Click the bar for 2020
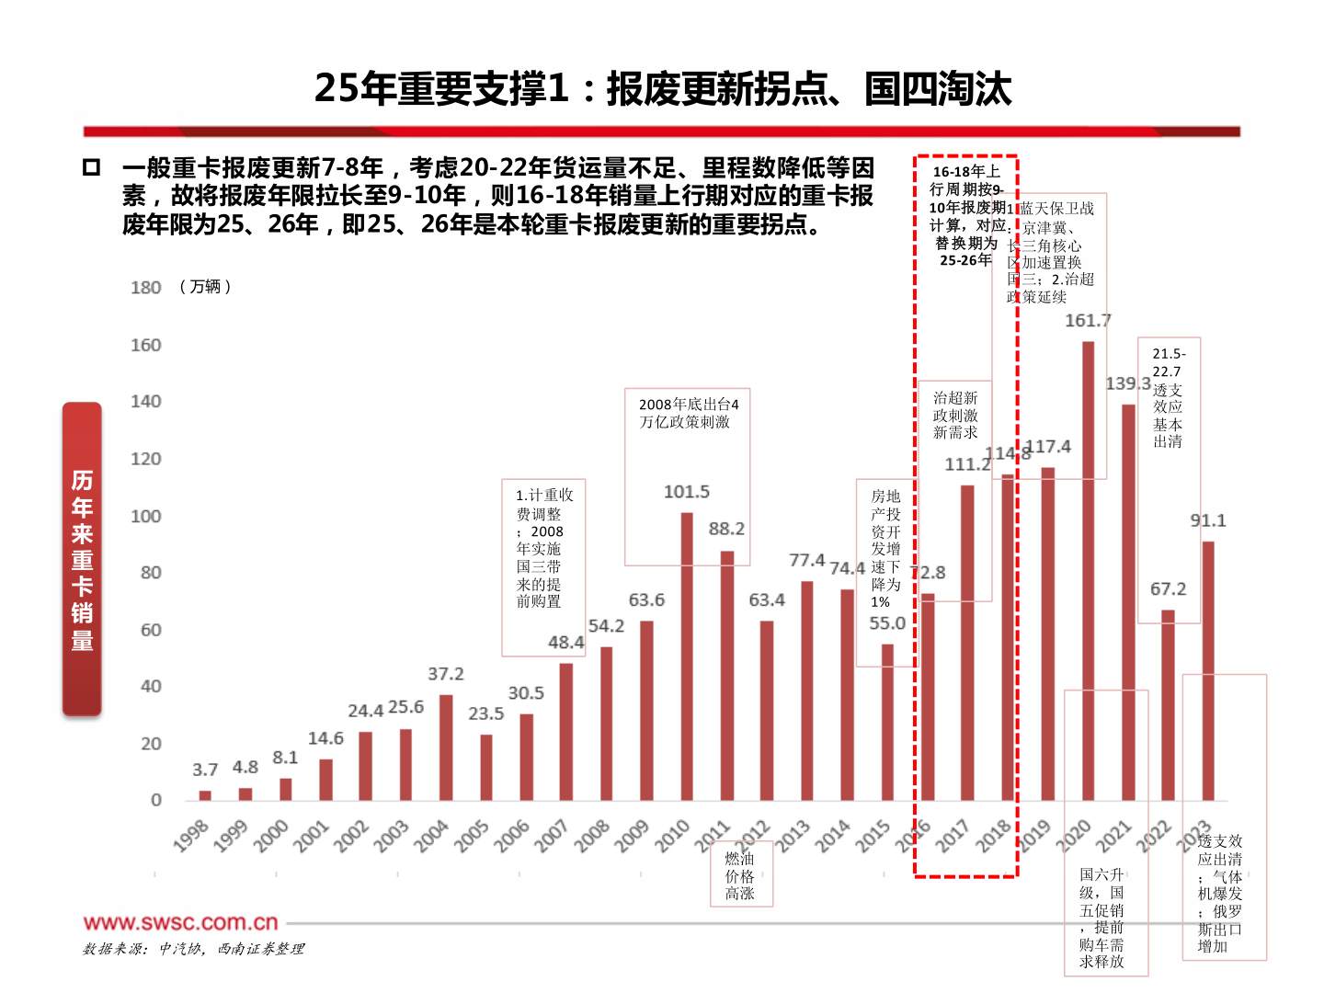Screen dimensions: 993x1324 click(1088, 570)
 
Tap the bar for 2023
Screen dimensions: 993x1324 click(1208, 670)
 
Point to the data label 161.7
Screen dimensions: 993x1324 click(1088, 321)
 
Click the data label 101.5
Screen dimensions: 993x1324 click(687, 492)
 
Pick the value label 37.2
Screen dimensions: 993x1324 click(446, 674)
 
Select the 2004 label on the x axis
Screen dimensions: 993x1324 click(431, 836)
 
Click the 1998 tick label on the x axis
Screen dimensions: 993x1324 click(191, 836)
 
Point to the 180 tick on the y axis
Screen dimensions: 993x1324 click(145, 288)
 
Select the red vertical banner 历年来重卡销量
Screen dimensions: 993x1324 click(82, 559)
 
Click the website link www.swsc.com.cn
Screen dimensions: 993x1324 click(180, 922)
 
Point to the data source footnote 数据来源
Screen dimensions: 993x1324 click(193, 949)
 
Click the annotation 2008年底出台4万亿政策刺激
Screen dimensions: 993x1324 click(688, 413)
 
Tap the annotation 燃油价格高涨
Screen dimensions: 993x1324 click(740, 875)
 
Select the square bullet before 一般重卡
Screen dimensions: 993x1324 click(91, 167)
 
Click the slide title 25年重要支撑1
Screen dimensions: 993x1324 click(662, 88)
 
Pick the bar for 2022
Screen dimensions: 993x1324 click(1168, 704)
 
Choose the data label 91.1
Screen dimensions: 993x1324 click(1208, 520)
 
